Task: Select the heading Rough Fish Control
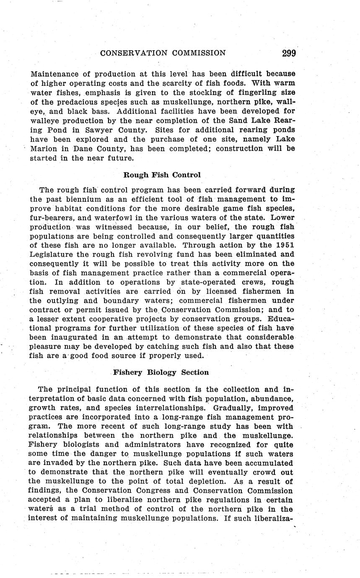point(162,175)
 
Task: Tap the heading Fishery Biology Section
point(161,372)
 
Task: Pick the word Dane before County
point(85,148)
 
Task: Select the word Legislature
point(54,254)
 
